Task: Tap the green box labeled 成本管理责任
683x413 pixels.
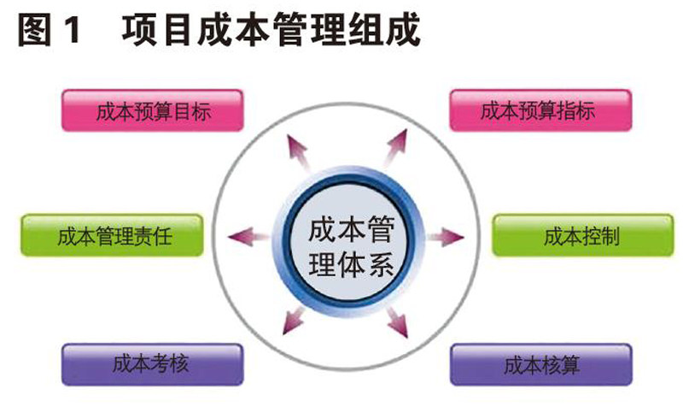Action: coord(112,236)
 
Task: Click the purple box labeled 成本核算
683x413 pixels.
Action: coord(541,365)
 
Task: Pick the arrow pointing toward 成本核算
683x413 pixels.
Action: coord(395,319)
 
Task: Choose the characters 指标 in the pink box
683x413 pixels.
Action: coord(577,110)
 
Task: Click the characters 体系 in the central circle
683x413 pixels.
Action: coord(368,261)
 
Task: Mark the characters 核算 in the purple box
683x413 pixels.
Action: coord(560,365)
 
